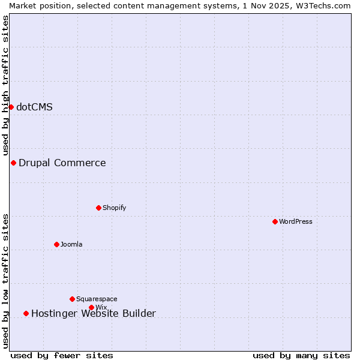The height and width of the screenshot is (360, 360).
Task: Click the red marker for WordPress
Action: pyautogui.click(x=275, y=221)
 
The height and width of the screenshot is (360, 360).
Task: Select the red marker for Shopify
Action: pyautogui.click(x=98, y=208)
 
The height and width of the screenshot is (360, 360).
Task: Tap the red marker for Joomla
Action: pyautogui.click(x=56, y=244)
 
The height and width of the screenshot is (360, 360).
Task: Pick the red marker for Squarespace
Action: pyautogui.click(x=72, y=299)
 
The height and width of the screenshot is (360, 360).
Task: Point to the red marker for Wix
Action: pyautogui.click(x=91, y=307)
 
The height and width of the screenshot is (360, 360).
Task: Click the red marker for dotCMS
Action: pyautogui.click(x=11, y=107)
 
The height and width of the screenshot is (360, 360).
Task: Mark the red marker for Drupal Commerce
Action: pyautogui.click(x=13, y=163)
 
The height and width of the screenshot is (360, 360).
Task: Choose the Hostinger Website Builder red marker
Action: pyautogui.click(x=26, y=313)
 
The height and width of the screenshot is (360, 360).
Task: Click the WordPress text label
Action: pyautogui.click(x=296, y=221)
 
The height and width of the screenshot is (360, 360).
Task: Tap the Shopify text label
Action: pyautogui.click(x=114, y=208)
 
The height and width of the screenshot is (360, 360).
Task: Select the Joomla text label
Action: pyautogui.click(x=71, y=244)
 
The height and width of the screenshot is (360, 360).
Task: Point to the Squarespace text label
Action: pyautogui.click(x=97, y=299)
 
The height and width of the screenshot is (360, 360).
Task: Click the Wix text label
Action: pyautogui.click(x=101, y=307)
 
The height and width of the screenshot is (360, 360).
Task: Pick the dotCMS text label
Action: pyautogui.click(x=34, y=107)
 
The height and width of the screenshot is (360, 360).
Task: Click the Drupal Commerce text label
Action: pyautogui.click(x=62, y=163)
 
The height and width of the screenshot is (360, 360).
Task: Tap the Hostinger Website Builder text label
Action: pyautogui.click(x=93, y=313)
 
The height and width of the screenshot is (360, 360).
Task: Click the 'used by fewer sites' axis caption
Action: pyautogui.click(x=62, y=355)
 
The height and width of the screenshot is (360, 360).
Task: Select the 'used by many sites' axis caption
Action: pyautogui.click(x=301, y=355)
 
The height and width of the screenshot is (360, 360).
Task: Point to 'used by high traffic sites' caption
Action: pyautogui.click(x=5, y=85)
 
